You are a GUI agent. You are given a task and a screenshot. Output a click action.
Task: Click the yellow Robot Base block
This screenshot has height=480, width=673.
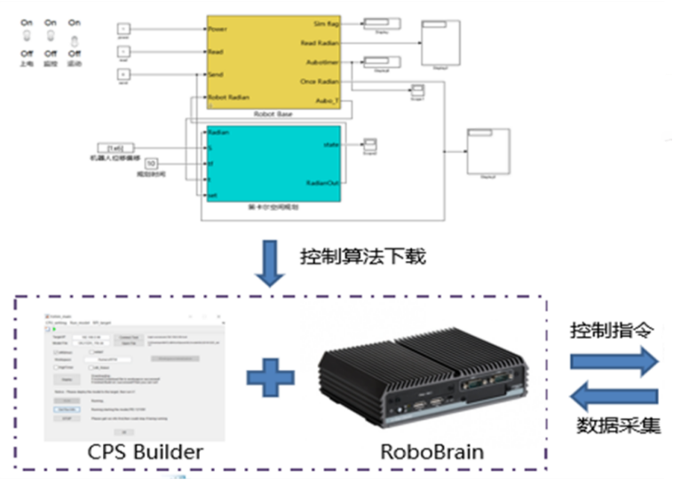[x=273, y=62]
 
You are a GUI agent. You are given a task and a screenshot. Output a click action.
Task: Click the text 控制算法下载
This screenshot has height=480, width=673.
[x=365, y=257]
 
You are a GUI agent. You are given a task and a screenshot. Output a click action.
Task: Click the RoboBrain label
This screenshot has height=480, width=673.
[x=432, y=452]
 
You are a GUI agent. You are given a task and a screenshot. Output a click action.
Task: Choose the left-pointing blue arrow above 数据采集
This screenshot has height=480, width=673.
[x=614, y=395]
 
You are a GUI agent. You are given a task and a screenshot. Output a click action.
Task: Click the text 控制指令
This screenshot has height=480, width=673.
[x=613, y=331]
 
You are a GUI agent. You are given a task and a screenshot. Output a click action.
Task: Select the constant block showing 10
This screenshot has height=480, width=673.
[x=152, y=164]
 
